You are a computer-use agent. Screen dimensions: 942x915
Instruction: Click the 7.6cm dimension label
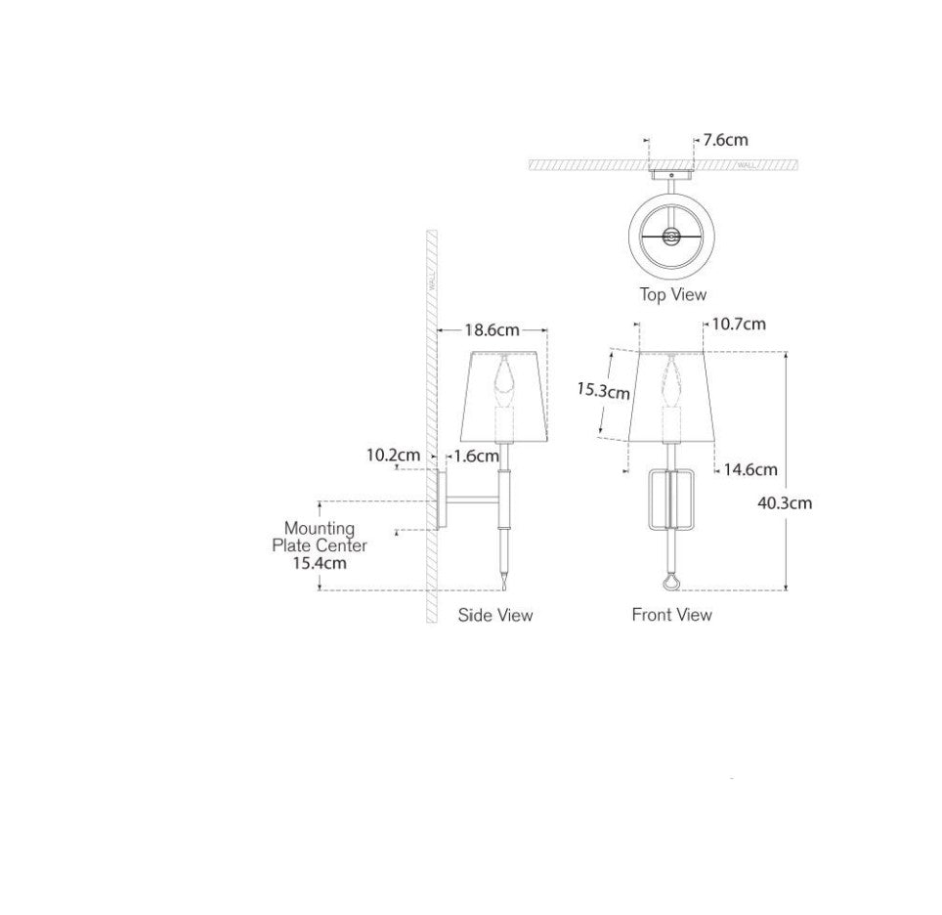pos(725,140)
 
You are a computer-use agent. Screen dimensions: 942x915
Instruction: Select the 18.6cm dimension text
pos(492,330)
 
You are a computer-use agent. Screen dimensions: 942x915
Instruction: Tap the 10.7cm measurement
pos(739,324)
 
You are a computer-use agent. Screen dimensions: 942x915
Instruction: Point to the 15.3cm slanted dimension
pos(603,391)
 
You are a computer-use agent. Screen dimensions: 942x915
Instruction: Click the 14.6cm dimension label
pos(750,469)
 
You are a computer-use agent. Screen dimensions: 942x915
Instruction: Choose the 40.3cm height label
pos(785,503)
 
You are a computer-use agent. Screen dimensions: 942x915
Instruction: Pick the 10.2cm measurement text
pos(394,456)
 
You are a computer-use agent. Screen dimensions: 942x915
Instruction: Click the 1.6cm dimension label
pos(477,457)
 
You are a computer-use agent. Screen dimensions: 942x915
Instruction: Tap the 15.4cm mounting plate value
pos(320,563)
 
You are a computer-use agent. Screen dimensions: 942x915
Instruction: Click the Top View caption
pos(673,294)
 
